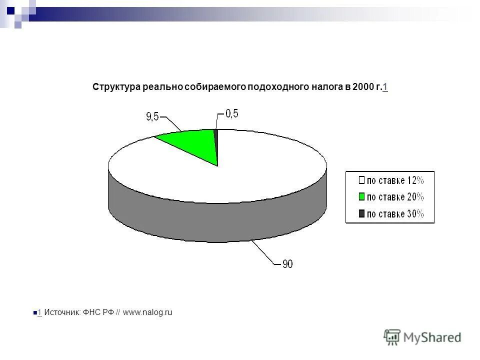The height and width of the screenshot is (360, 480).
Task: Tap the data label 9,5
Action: click(x=152, y=116)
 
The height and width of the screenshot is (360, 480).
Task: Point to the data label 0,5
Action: click(x=231, y=114)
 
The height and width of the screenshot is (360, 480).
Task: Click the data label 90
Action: click(x=287, y=264)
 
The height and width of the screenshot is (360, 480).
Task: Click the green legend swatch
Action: click(x=361, y=197)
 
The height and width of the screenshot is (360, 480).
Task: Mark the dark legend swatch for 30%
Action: click(x=361, y=214)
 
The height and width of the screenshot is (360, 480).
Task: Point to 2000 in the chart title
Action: click(x=362, y=87)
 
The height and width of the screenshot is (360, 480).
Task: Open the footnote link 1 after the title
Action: click(x=385, y=87)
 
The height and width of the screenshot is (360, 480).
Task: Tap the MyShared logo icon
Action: click(x=392, y=337)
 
